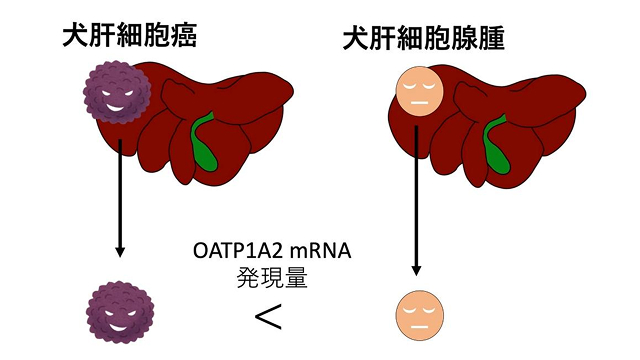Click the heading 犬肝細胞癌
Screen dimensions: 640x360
130,36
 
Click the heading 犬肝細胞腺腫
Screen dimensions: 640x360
424,39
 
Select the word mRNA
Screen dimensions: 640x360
320,251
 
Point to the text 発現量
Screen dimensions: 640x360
272,278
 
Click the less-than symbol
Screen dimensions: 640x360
268,316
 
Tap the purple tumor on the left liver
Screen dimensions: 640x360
117,92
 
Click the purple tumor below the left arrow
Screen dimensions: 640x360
120,312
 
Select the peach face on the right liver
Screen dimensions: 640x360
420,91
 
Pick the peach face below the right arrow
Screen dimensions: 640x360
420,315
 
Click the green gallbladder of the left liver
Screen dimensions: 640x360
204,143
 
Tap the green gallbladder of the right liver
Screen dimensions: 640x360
496,145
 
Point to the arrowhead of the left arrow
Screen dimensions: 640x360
120,251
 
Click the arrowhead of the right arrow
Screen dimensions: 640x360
416,270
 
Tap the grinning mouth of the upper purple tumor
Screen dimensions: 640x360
115,109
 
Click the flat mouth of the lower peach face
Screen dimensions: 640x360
419,327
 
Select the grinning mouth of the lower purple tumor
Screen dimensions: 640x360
118,328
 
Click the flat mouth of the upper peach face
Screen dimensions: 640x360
419,102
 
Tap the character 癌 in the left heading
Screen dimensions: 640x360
184,36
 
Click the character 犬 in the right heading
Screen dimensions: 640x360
356,39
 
